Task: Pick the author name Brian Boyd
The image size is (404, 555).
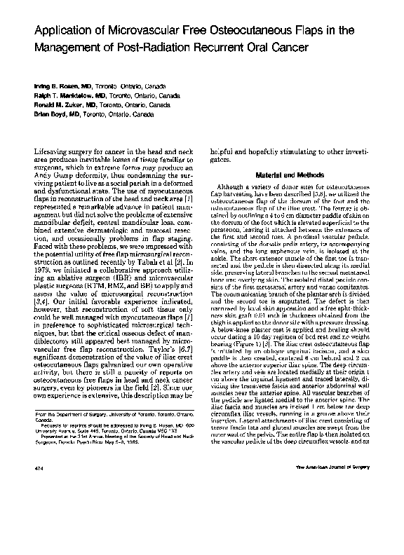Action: click(50, 113)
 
